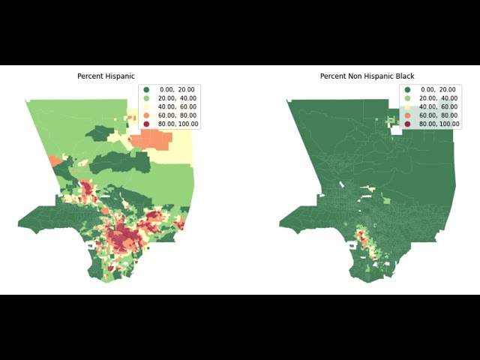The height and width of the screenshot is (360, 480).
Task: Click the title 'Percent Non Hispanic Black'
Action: tap(367, 76)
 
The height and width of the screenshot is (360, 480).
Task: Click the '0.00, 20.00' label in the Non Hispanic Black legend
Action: tap(439, 89)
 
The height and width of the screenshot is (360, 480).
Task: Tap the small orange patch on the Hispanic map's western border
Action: tap(55, 160)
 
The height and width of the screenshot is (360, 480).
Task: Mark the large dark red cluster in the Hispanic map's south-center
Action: tap(124, 238)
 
